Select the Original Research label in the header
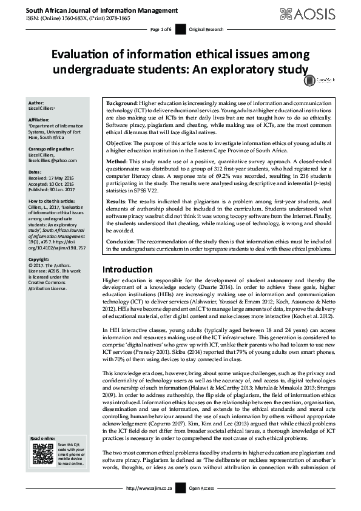[x=206, y=29]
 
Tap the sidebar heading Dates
[x=36, y=172]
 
